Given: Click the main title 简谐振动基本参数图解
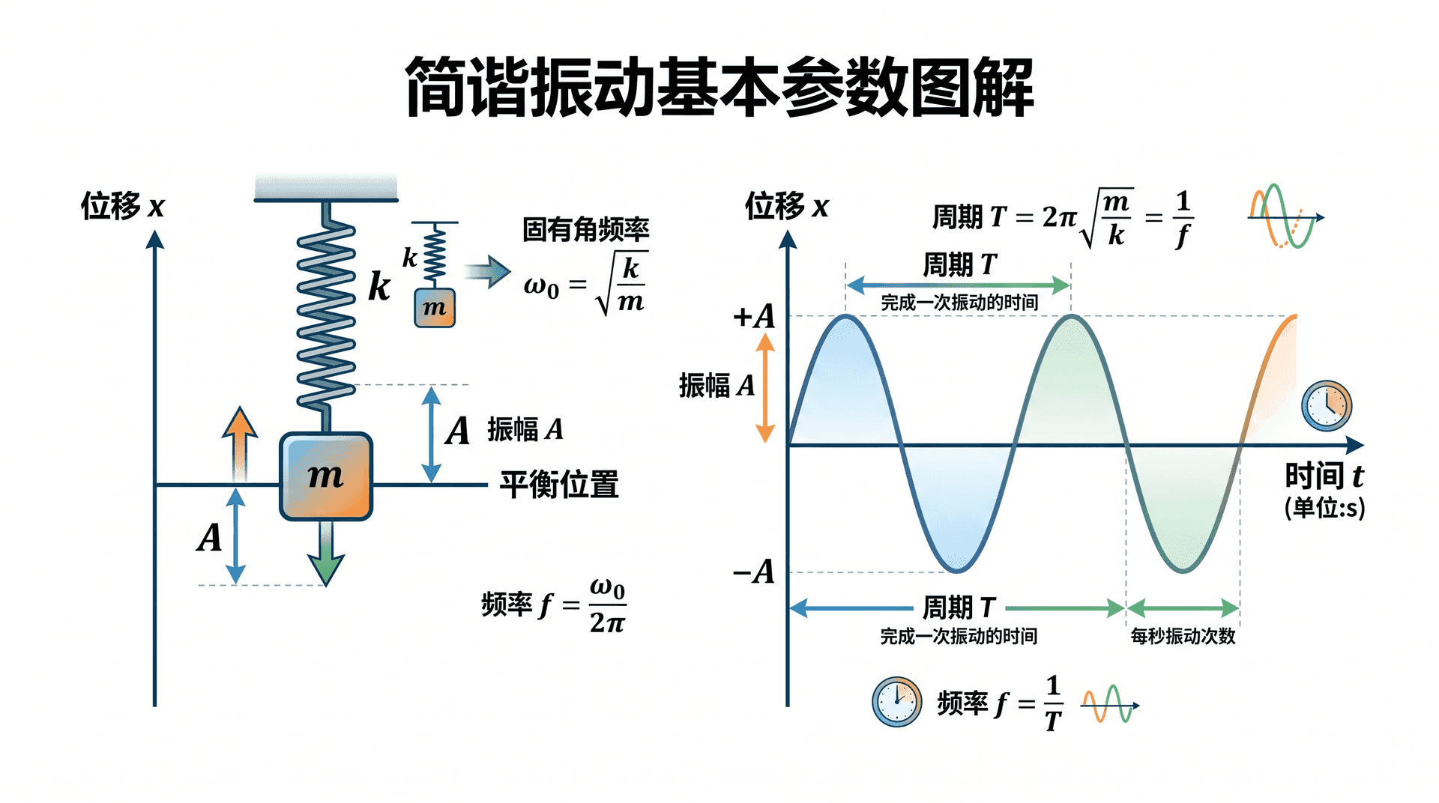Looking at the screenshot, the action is (719, 88).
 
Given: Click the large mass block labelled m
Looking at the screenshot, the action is (326, 476).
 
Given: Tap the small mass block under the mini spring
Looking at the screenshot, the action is (435, 308).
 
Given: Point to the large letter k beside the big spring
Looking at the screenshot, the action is (379, 285).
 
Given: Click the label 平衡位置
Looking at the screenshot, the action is (559, 485).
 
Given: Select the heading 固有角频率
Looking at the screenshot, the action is (585, 229).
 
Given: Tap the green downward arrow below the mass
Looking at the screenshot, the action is (326, 554).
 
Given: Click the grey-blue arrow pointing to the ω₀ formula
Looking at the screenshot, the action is (487, 271).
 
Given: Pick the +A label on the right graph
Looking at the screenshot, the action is (754, 316).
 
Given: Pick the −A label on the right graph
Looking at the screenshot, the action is (754, 572).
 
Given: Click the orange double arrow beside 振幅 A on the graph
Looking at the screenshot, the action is (765, 388).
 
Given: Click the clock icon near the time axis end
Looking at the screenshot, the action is (1327, 406).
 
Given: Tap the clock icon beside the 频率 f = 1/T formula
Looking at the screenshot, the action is (897, 702).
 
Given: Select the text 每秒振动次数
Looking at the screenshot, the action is (1183, 637).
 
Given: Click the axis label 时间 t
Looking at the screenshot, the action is (1324, 476).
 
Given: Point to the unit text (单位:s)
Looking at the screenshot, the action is (1324, 508).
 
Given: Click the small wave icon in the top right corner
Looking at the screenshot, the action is (1285, 216).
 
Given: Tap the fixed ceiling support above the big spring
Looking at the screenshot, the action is (326, 187).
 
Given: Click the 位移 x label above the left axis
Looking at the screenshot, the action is (122, 205).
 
